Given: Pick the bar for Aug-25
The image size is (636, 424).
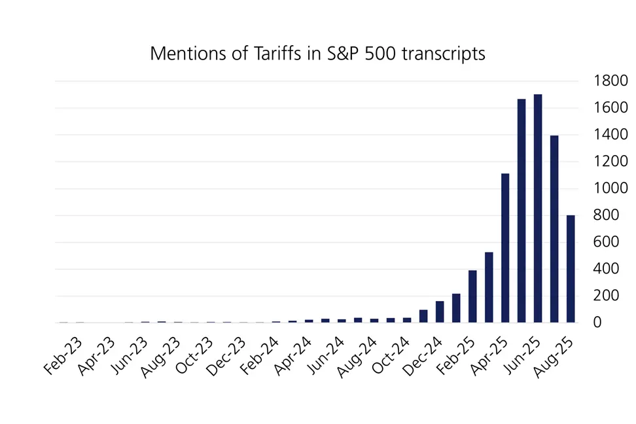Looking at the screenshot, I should click(571, 268).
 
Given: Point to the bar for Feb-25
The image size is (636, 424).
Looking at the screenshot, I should click(472, 296).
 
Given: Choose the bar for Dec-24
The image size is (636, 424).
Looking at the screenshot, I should click(440, 312).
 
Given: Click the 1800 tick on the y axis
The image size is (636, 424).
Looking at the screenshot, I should click(610, 81).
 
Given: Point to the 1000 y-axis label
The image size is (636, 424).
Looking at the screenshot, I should click(610, 188).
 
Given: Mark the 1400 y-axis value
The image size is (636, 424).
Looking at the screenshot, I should click(610, 135).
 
